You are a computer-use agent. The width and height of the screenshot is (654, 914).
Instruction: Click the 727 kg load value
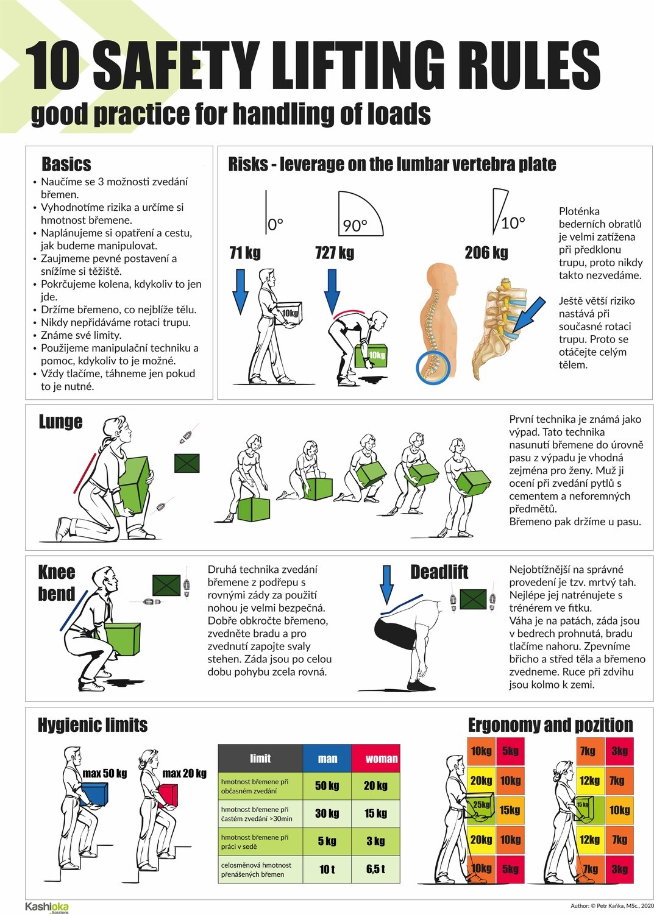coord(335,253)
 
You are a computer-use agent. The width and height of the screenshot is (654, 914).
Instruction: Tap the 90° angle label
coord(355,225)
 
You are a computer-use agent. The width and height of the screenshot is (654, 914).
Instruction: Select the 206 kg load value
coord(486,253)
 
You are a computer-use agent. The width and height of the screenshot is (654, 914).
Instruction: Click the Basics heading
coord(66,164)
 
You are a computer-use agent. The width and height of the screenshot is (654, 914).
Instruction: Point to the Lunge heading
coord(60,422)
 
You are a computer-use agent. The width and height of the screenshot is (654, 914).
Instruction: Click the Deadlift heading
coord(439,572)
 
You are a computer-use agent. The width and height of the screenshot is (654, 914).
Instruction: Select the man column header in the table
coord(327,759)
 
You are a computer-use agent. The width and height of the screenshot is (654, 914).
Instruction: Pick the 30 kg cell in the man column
coord(327,813)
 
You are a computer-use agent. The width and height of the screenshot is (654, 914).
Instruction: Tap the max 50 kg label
coord(104,773)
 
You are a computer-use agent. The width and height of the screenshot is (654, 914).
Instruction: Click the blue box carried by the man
coord(94,794)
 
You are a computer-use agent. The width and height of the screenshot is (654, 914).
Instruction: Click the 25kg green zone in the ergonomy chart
coord(481,809)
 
